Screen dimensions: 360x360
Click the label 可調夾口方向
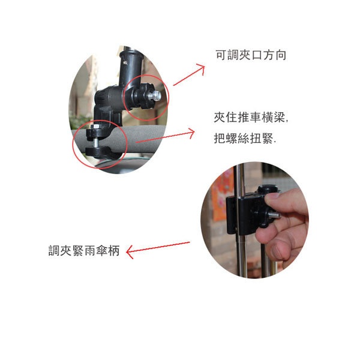[x=251, y=55]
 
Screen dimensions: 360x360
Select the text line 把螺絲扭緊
[x=245, y=138]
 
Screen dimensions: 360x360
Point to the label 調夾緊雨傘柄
[x=84, y=250]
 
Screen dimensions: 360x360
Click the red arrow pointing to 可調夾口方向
[x=188, y=76]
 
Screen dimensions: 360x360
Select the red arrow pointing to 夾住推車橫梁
[x=165, y=136]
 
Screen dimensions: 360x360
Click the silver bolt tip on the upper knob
[x=157, y=94]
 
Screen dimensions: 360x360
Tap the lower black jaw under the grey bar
[x=103, y=152]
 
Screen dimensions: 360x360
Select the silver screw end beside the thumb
[x=275, y=215]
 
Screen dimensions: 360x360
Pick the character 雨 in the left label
[x=90, y=250]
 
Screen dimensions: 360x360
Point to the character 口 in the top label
[x=257, y=55]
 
